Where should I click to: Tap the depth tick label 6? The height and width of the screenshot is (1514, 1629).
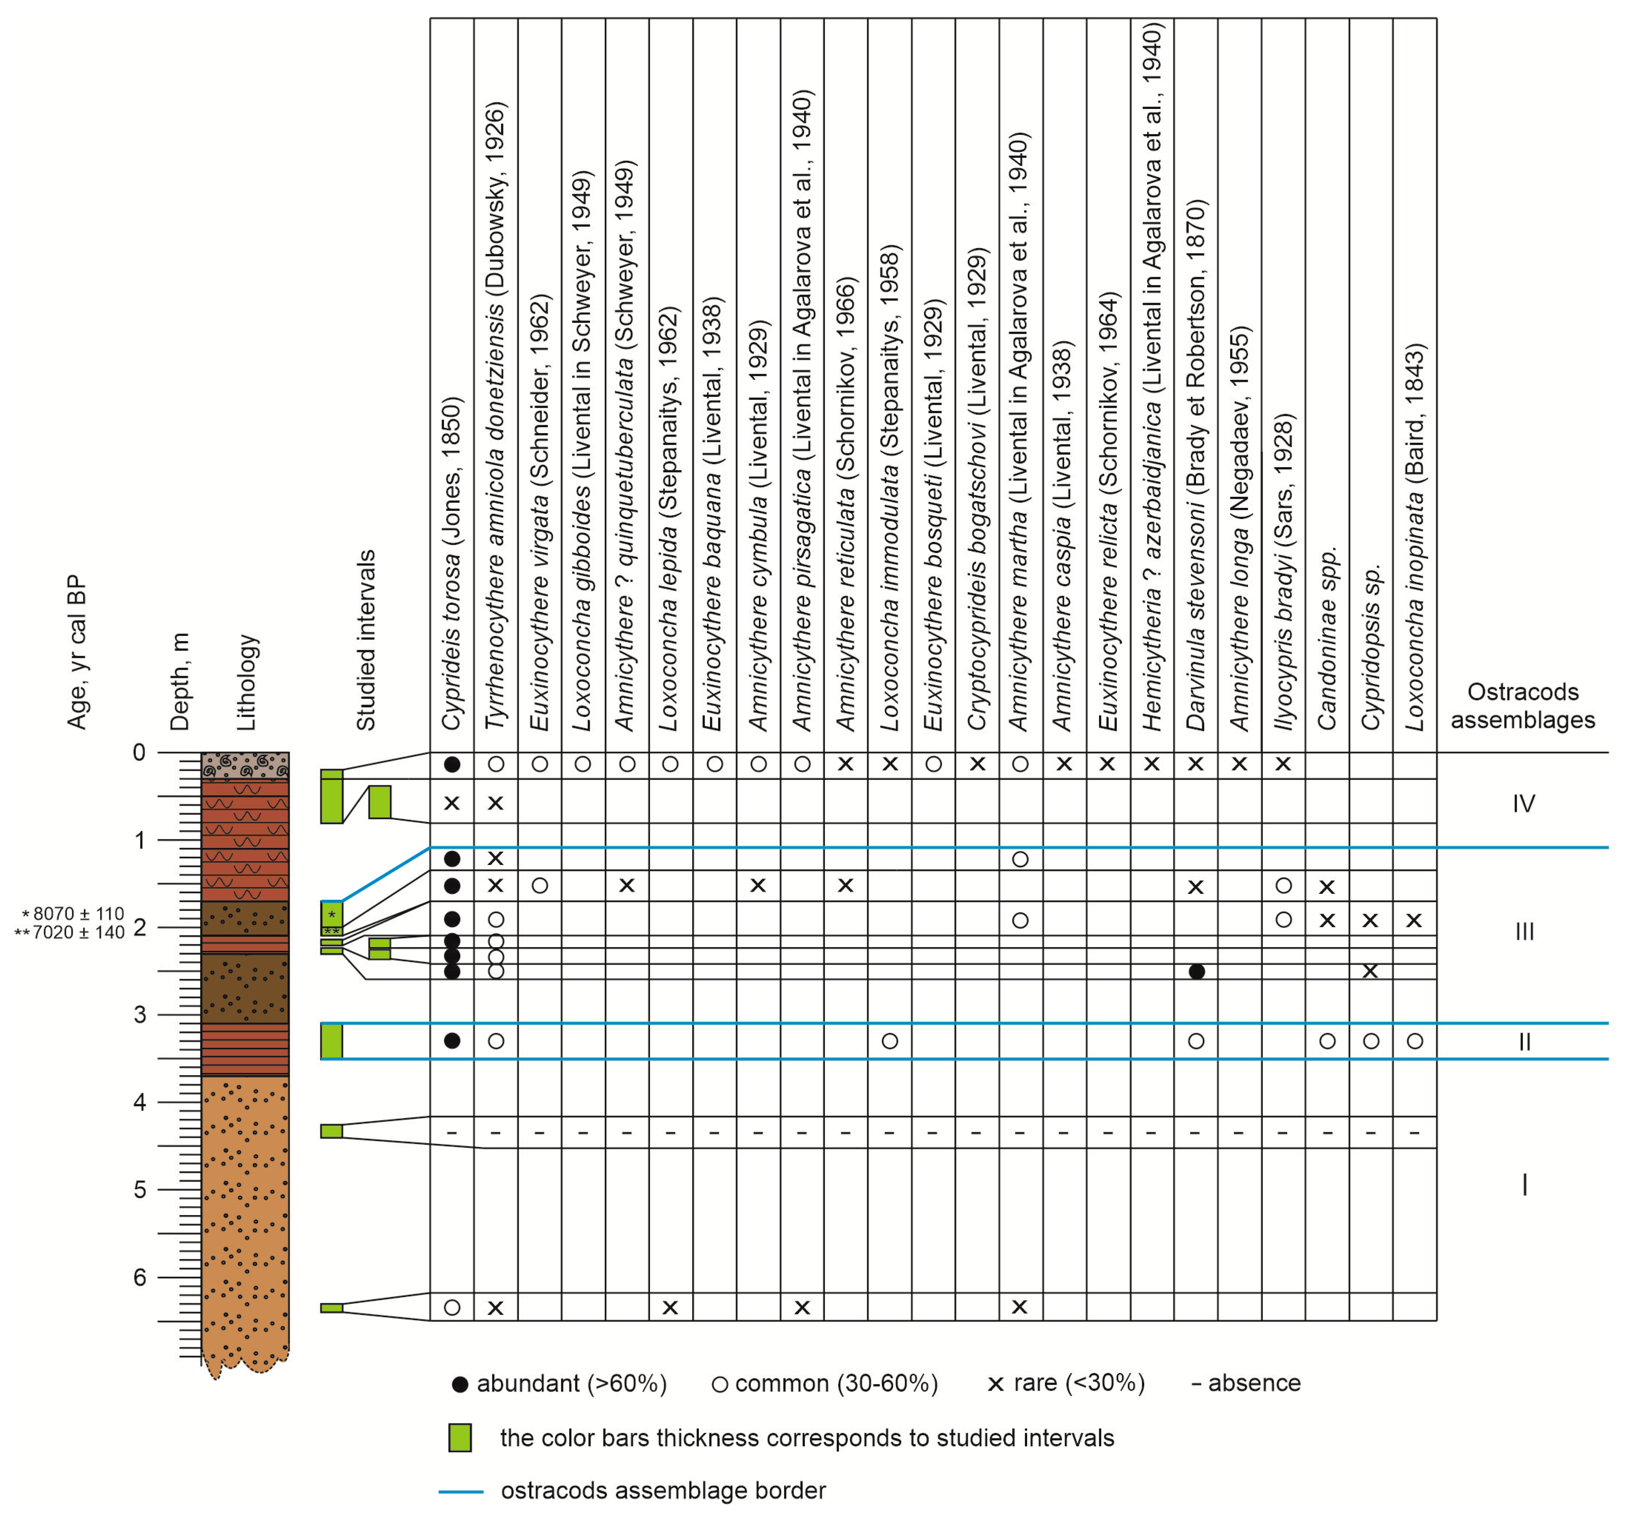point(140,1277)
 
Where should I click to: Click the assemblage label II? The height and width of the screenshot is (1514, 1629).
point(1524,1042)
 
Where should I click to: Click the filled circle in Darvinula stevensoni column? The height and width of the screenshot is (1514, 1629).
point(1197,972)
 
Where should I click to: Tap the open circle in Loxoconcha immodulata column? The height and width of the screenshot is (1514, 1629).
point(890,1041)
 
